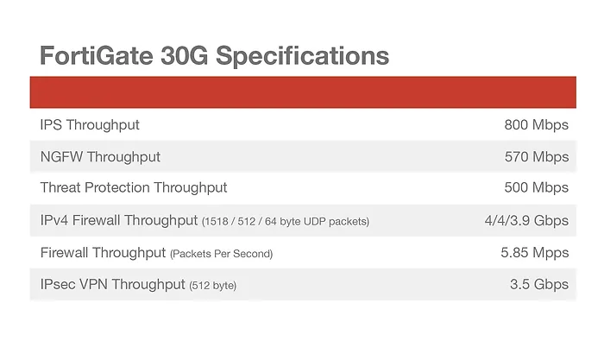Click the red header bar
tap(303, 92)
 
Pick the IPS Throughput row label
tap(90, 125)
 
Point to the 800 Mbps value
tap(536, 125)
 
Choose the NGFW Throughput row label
tap(100, 157)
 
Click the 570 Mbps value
tap(536, 157)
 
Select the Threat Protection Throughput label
tap(134, 188)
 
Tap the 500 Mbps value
tap(536, 188)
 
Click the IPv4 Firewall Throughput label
tap(119, 220)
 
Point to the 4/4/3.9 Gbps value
tap(526, 220)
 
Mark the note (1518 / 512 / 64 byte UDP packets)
tap(286, 222)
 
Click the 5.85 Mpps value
tap(535, 253)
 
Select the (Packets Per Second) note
tap(222, 254)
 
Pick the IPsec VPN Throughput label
tap(112, 285)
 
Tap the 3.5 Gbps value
tap(539, 285)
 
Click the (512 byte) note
tap(212, 286)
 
